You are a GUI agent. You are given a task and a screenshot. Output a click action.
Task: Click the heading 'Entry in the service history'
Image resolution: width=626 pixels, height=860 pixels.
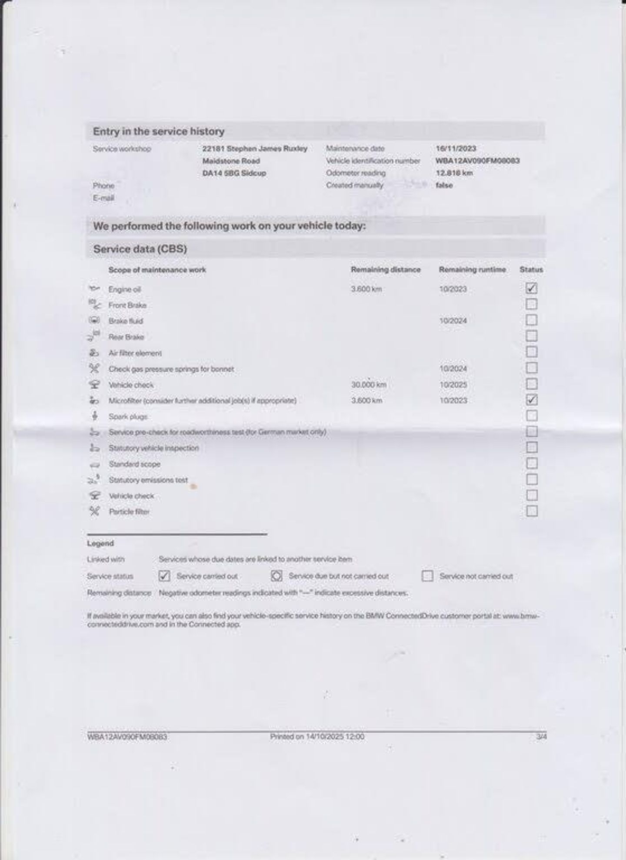[159, 131]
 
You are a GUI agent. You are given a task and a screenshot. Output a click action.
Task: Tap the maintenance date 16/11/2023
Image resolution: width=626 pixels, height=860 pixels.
[456, 149]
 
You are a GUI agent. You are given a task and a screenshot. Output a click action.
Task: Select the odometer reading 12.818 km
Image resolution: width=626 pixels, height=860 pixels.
[454, 173]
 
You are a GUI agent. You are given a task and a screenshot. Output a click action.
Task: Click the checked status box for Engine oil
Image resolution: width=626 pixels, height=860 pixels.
[531, 288]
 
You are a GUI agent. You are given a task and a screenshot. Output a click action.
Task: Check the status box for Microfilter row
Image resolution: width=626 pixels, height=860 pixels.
[531, 400]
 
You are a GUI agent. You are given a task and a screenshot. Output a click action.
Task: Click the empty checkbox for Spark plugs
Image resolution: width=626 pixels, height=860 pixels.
[531, 416]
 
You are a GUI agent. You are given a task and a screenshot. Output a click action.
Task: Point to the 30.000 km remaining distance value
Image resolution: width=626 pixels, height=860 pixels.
[369, 385]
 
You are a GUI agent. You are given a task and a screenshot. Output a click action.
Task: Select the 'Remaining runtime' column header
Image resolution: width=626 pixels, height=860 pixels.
[472, 270]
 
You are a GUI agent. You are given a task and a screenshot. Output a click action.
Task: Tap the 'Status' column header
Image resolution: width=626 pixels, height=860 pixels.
[531, 270]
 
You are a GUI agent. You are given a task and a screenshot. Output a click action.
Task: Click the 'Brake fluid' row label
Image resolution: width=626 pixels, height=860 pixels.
[126, 321]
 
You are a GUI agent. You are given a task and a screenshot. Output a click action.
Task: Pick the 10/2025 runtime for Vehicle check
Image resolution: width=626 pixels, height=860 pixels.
[453, 385]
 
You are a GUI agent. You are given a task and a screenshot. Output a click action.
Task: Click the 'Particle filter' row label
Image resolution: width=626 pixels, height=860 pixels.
[129, 512]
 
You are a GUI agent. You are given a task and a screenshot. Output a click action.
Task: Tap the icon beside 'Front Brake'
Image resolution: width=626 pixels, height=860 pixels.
[94, 304]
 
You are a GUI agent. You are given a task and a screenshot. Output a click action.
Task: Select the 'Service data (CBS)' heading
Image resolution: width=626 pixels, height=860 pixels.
[140, 249]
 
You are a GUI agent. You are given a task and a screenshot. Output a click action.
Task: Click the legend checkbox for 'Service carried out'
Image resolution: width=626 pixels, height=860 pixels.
[164, 576]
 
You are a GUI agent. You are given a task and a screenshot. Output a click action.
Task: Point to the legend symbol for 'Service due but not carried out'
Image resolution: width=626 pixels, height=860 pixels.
[276, 576]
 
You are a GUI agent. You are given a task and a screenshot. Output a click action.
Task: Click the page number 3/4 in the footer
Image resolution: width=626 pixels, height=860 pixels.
[541, 737]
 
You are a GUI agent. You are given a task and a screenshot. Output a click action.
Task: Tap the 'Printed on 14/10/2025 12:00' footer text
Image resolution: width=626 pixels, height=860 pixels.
[317, 737]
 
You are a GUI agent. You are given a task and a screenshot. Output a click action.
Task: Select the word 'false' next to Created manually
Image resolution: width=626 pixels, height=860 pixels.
[444, 185]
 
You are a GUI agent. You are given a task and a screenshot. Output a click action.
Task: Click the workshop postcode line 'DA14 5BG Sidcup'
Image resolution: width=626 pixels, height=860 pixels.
[234, 173]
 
